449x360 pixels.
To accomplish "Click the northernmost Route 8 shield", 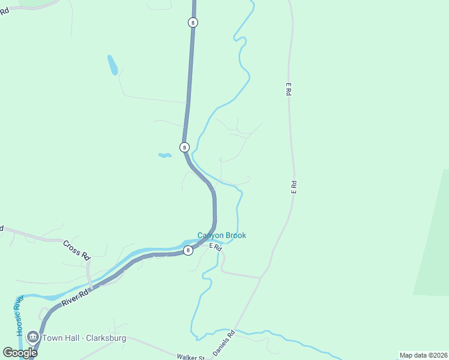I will tap(192, 22).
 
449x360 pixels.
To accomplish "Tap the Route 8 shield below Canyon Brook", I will tap(188, 250).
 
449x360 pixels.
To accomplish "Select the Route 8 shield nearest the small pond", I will tap(184, 147).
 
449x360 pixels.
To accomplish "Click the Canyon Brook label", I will tap(221, 236).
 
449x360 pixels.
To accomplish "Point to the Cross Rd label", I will tap(76, 250).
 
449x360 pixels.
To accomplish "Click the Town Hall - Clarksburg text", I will tap(83, 338).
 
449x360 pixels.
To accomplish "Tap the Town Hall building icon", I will tap(33, 338).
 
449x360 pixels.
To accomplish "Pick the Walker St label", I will tap(191, 357).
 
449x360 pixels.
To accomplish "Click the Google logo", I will tap(20, 353).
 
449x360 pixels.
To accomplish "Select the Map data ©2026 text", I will tap(423, 355).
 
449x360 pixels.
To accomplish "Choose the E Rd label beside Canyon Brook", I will tap(215, 247).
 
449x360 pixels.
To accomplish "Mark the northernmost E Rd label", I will tap(288, 91).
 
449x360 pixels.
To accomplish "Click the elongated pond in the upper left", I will tap(112, 65).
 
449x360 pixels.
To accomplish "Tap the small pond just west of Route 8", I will tap(164, 155).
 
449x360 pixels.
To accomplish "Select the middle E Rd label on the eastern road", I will tap(294, 187).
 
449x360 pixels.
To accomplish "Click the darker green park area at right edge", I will tap(434, 240).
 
